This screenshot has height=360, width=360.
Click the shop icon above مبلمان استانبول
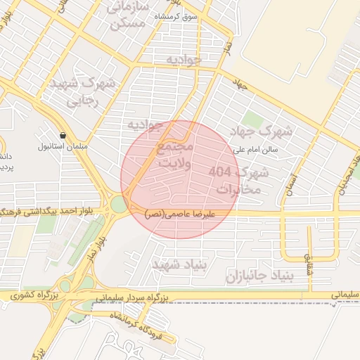click(63, 134)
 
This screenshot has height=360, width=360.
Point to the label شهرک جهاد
click(265, 131)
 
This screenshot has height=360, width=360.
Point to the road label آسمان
click(286, 185)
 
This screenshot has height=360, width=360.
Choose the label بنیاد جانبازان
click(267, 274)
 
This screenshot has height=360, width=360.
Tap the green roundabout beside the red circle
click(118, 205)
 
